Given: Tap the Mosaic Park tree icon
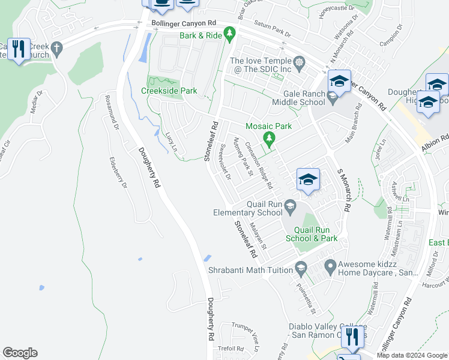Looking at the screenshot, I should (270, 139).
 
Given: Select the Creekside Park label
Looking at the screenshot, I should (169, 91).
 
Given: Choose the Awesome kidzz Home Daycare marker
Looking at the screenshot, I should (330, 265).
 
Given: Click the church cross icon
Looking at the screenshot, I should (57, 48).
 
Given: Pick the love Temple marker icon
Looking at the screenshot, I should (299, 61).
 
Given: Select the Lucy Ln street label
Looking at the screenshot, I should (172, 142).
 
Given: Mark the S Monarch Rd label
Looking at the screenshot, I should (343, 189).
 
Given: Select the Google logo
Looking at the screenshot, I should (20, 353).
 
